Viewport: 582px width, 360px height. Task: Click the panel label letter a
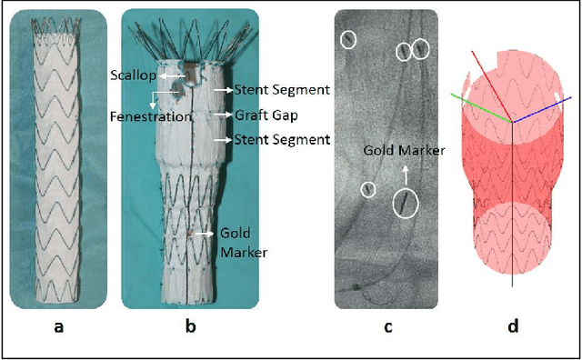click(x=59, y=327)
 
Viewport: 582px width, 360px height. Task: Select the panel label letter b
click(x=189, y=327)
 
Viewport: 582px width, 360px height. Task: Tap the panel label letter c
click(x=387, y=327)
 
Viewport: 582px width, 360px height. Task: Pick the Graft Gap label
click(x=265, y=115)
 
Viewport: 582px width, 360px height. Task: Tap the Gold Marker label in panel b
click(x=243, y=243)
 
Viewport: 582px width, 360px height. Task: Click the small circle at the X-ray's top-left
click(x=348, y=38)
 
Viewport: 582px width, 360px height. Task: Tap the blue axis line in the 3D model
click(x=537, y=105)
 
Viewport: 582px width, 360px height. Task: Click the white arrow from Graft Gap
click(x=224, y=115)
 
